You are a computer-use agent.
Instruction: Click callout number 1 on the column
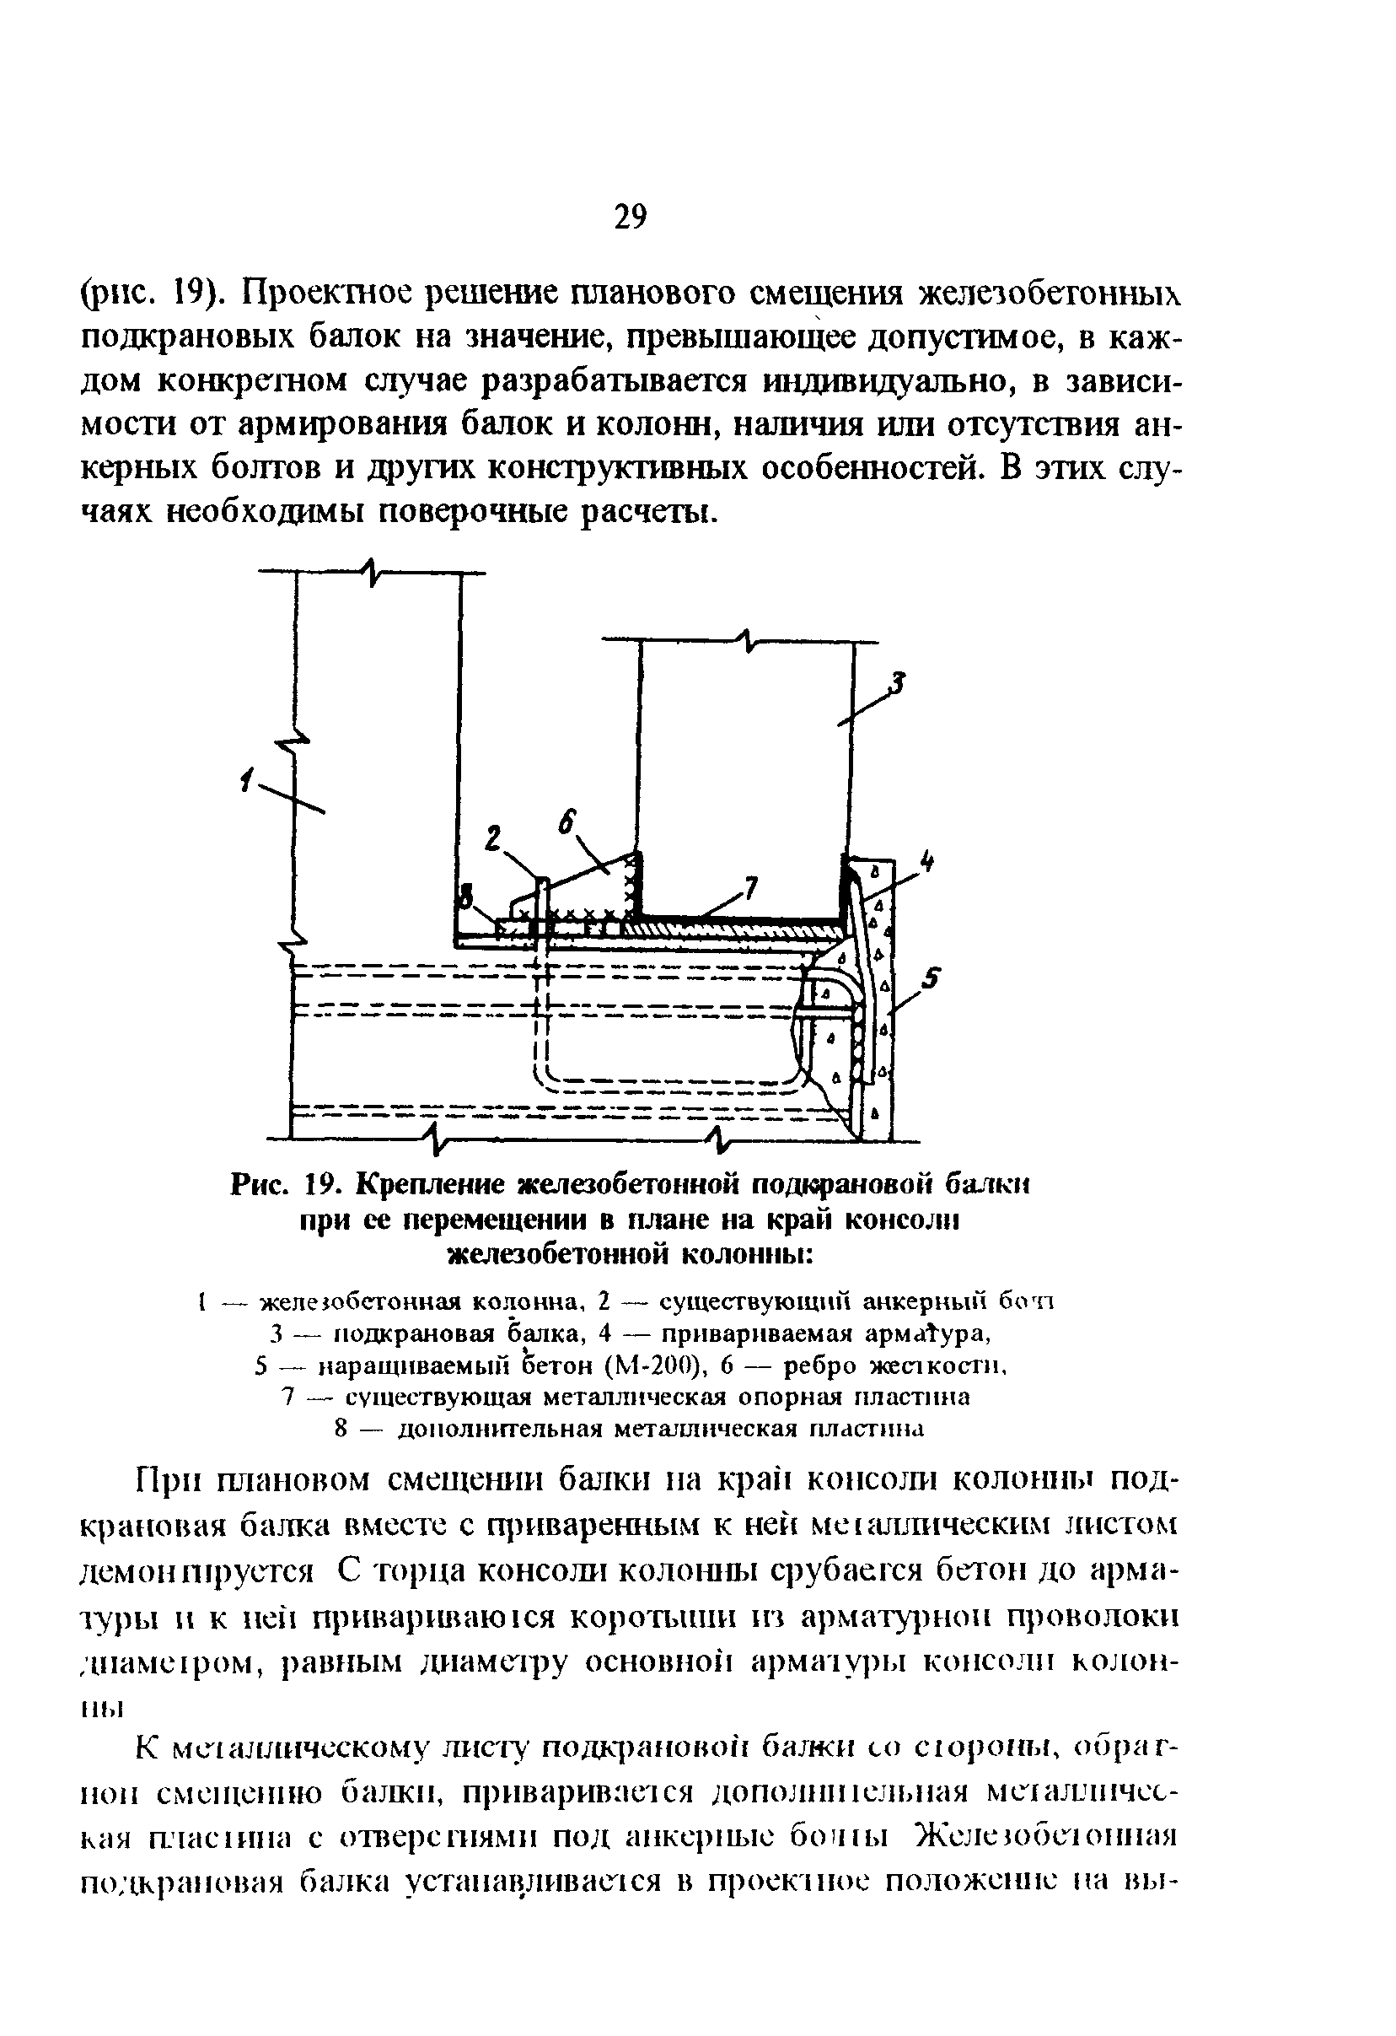(248, 777)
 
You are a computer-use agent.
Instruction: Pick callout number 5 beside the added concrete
(931, 978)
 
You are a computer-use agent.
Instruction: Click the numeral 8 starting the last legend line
(343, 1428)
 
